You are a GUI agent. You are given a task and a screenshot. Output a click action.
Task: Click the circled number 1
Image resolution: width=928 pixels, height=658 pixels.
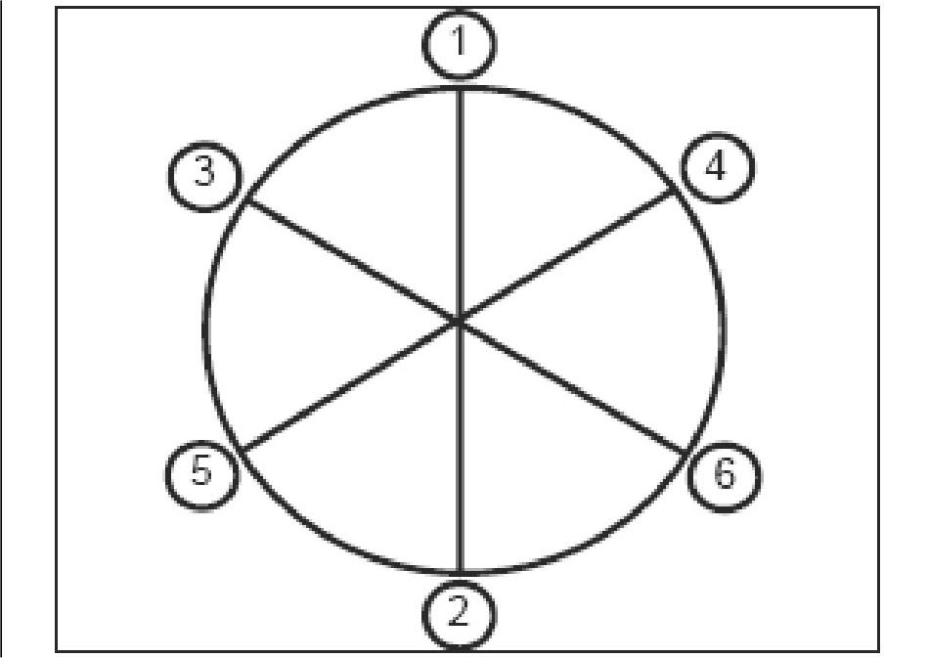(461, 45)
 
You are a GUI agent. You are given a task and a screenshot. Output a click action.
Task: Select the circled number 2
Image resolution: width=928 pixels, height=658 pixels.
(460, 613)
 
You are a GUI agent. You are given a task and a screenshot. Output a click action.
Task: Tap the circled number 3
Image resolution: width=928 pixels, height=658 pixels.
(205, 176)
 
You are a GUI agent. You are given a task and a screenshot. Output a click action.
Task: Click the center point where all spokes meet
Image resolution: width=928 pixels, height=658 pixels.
(460, 320)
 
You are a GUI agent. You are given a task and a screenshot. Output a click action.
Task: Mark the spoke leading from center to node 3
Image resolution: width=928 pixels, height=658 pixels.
(352, 259)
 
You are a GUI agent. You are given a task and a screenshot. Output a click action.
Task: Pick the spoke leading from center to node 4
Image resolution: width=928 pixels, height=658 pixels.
(567, 256)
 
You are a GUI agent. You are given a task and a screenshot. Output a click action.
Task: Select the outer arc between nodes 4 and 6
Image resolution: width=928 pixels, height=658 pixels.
(725, 323)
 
